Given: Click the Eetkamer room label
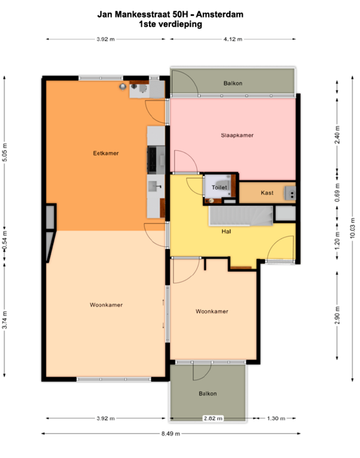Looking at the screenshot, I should pyautogui.click(x=105, y=153).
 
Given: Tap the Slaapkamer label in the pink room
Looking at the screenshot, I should pyautogui.click(x=234, y=135).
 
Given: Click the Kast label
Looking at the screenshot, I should pyautogui.click(x=267, y=193).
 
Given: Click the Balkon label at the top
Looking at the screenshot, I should pyautogui.click(x=232, y=83).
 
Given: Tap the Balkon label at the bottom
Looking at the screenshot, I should pyautogui.click(x=207, y=394).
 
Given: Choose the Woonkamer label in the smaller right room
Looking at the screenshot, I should pyautogui.click(x=212, y=311).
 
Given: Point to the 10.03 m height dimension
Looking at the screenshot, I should pyautogui.click(x=352, y=227).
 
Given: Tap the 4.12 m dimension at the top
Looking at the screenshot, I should pyautogui.click(x=232, y=39).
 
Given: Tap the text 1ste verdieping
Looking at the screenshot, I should pyautogui.click(x=170, y=24).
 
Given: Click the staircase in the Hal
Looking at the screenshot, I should pyautogui.click(x=240, y=215).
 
